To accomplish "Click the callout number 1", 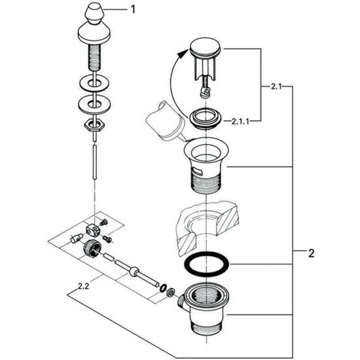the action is (133, 10).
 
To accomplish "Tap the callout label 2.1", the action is (276, 86).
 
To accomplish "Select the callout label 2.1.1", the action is (240, 121).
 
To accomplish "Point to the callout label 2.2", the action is (83, 286).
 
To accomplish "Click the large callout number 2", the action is (311, 253).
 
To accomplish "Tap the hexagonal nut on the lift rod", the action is (94, 126).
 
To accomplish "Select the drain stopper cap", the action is (205, 48).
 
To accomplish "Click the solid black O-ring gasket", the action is (206, 264).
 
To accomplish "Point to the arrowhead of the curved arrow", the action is (183, 54).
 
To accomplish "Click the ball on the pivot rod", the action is (134, 271).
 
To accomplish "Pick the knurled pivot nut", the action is (92, 249).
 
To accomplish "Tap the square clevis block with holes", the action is (93, 230).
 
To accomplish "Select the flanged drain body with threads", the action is (206, 166).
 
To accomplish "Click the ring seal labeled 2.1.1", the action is (206, 118).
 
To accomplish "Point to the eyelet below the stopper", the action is (206, 92).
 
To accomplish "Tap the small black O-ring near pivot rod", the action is (164, 288).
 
